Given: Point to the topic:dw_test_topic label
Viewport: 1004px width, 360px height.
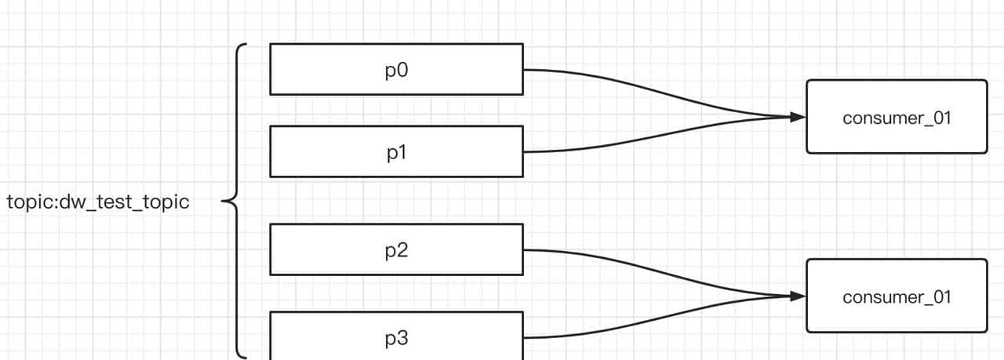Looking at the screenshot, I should [x=98, y=202].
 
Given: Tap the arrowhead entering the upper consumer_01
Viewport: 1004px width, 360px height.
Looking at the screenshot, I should [x=798, y=118].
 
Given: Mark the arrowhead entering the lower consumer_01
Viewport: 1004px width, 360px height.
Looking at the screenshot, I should [x=798, y=296].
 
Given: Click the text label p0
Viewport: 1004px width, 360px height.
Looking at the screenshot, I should [x=397, y=70].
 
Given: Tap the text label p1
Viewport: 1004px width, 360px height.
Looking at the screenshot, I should [x=397, y=152].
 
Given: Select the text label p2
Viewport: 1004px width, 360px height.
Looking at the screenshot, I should [x=397, y=250].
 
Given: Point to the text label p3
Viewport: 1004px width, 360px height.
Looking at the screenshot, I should [x=397, y=339].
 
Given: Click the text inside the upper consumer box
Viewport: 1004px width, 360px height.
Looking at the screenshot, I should [x=897, y=118].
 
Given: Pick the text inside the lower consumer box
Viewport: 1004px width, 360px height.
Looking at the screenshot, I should [x=897, y=297].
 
